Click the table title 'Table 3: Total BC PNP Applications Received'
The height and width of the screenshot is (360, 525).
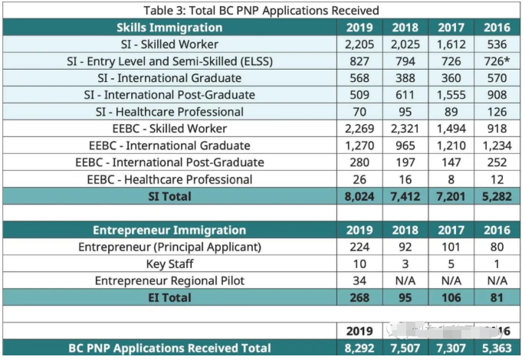click(x=261, y=10)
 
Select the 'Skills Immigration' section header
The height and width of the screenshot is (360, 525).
click(x=169, y=28)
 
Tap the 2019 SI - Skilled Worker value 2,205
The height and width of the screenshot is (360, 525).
click(x=359, y=44)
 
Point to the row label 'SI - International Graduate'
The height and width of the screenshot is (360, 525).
click(x=169, y=78)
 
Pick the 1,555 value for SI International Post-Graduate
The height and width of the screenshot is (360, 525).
click(x=451, y=95)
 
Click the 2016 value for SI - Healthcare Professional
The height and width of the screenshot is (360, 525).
click(x=497, y=112)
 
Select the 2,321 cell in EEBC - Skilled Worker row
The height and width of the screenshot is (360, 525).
click(x=405, y=129)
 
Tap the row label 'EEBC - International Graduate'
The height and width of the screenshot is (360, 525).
click(x=169, y=146)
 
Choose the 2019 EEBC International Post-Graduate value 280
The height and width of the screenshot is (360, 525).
click(x=359, y=162)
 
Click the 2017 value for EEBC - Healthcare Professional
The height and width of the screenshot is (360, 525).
click(x=451, y=179)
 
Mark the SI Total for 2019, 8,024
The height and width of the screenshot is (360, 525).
click(x=359, y=197)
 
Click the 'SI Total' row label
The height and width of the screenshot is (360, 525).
click(x=169, y=197)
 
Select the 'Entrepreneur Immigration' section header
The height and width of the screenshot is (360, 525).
click(x=169, y=230)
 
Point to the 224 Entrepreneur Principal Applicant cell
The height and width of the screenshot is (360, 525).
click(x=359, y=247)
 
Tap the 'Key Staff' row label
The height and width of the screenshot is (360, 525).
click(x=169, y=263)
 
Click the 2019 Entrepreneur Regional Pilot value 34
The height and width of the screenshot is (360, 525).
click(x=359, y=280)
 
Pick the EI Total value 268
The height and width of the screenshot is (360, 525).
click(x=359, y=297)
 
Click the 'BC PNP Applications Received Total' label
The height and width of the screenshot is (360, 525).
click(x=169, y=349)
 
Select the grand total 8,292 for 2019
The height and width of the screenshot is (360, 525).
click(x=359, y=349)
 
